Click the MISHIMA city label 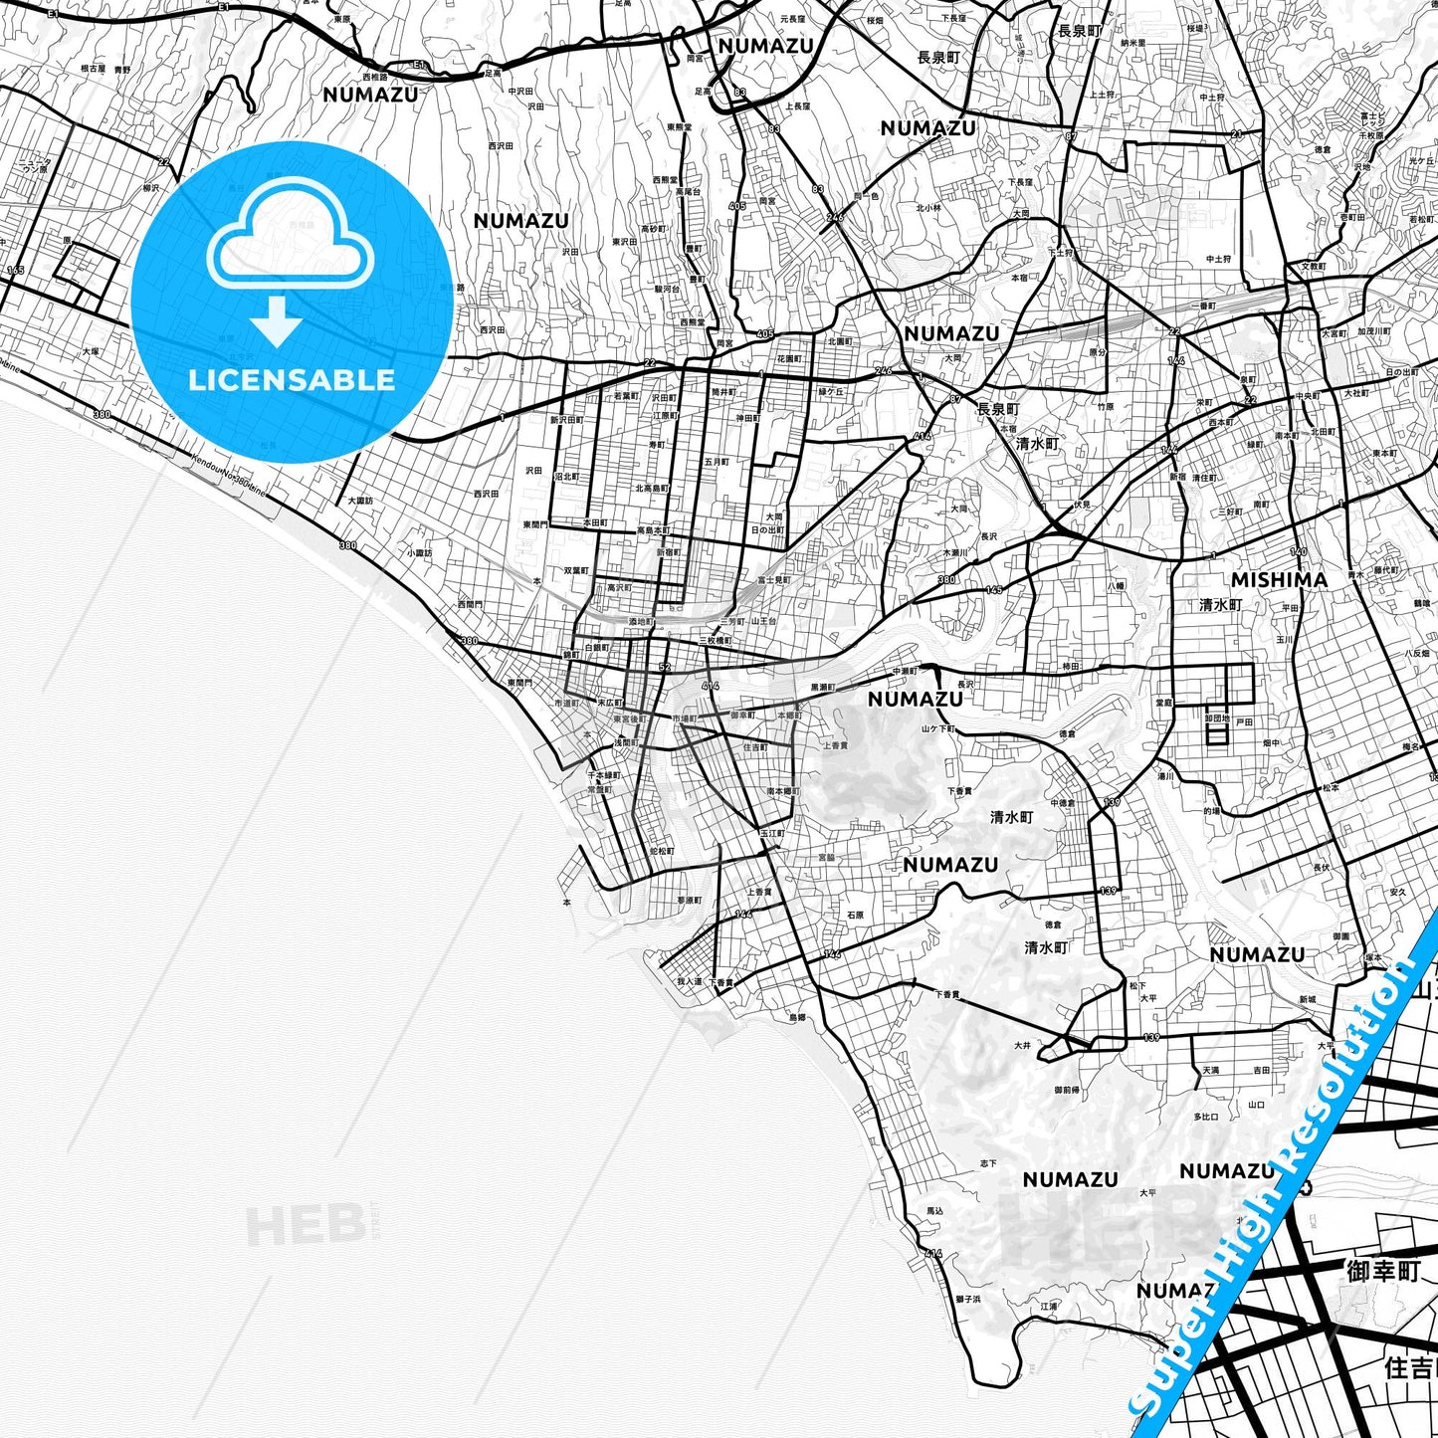1279,579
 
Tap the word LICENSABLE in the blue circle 293,379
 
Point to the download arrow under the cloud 277,321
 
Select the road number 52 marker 665,667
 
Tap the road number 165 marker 15,270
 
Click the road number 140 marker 1298,551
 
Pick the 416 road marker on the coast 932,1253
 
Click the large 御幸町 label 1383,1271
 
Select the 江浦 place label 1048,1306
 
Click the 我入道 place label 689,982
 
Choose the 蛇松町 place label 662,852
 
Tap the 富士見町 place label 773,579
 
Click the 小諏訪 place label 420,553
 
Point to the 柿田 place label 1071,666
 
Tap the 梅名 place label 1410,745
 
